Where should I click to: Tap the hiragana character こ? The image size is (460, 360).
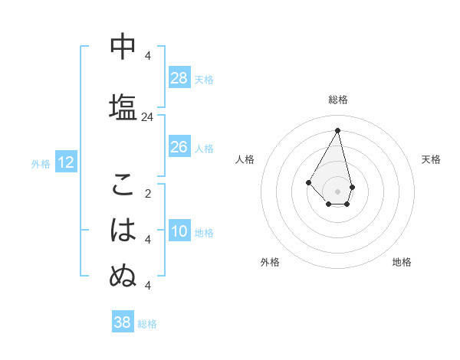pos(123,185)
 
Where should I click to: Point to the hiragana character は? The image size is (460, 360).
pos(123,229)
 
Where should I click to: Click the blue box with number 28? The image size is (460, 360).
pos(179,78)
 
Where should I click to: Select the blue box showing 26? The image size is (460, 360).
pos(179,147)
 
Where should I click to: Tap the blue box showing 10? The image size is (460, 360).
pos(179,232)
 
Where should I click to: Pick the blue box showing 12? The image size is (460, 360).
pos(66,162)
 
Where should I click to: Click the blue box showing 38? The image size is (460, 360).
pos(123,322)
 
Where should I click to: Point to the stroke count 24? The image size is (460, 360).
pos(147,117)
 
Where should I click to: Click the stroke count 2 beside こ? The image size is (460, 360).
pos(147,194)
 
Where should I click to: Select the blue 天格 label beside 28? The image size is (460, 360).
pos(204,79)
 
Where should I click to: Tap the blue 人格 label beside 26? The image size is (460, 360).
pos(204,148)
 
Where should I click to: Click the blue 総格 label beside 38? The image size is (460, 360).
pos(147,323)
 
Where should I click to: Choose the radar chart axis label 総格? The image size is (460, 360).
pos(338,100)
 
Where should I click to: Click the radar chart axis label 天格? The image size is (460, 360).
pos(432,159)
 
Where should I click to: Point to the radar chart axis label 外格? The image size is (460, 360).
pos(270,262)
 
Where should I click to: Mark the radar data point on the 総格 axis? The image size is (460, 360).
pos(338,130)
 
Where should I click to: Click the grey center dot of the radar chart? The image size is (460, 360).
pos(338,191)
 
